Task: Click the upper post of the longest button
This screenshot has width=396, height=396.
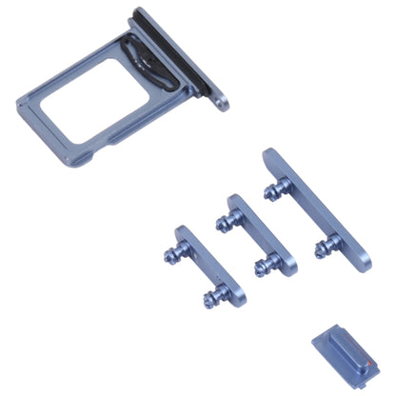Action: pos(272,191)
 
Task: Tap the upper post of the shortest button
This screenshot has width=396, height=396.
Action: pos(175,254)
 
